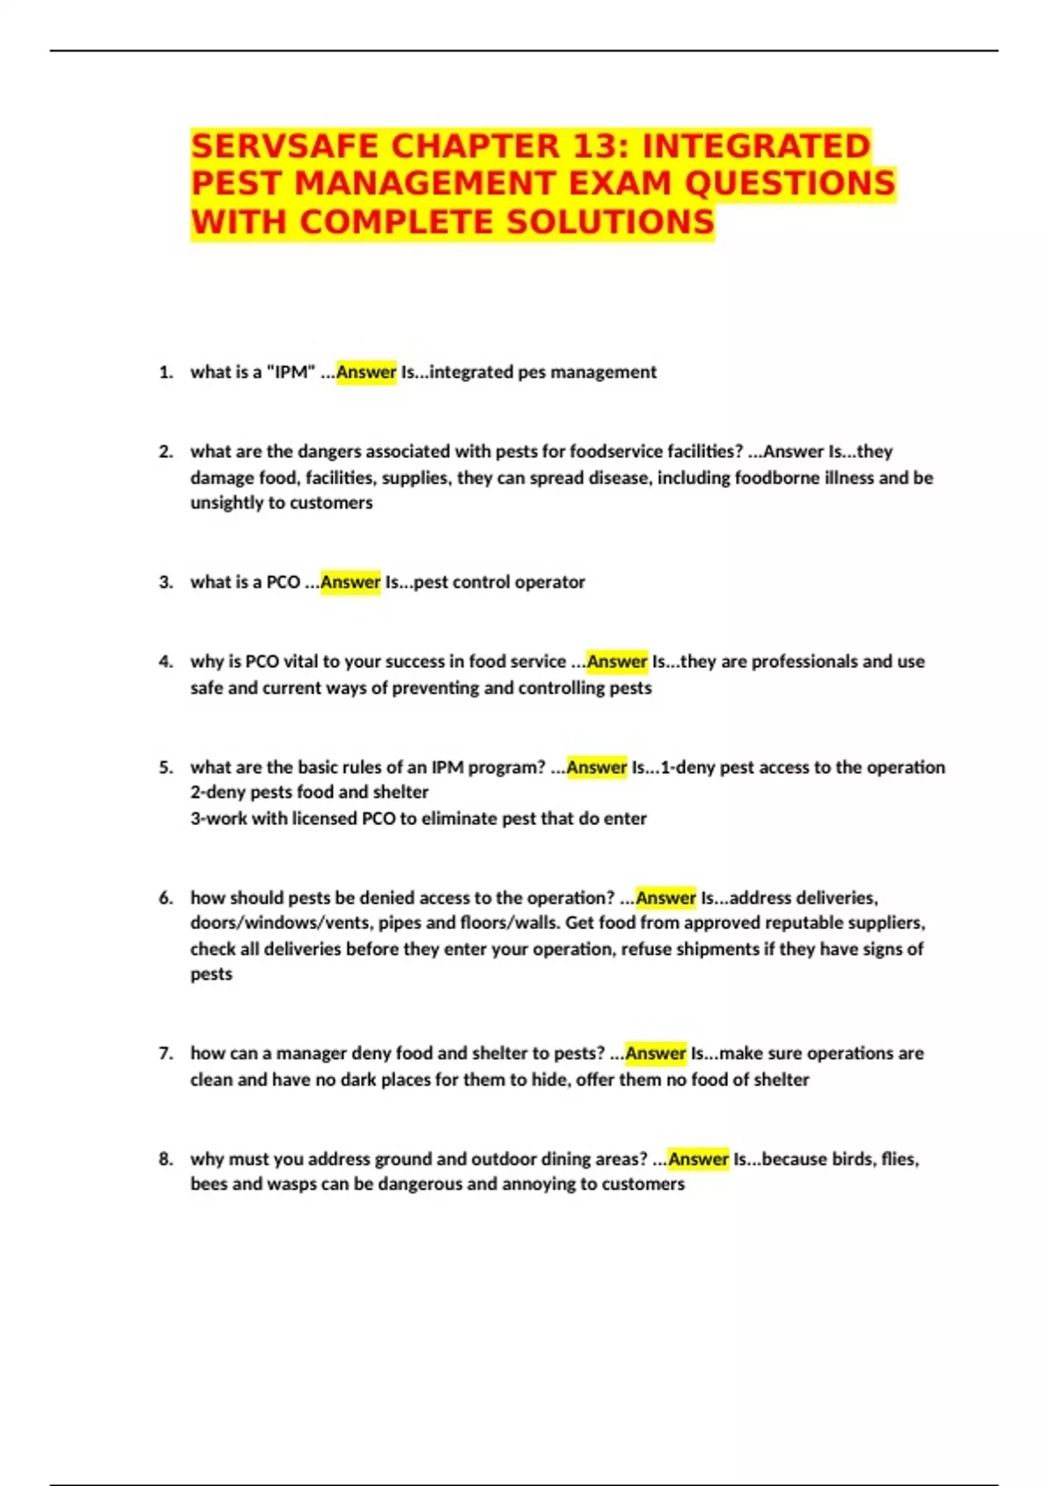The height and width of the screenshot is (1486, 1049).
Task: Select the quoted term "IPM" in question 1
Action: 290,372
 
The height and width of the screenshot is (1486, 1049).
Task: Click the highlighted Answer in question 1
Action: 366,372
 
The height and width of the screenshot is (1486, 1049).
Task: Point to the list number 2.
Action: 166,452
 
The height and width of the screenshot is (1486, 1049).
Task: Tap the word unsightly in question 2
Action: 226,503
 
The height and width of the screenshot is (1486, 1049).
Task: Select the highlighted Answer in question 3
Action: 351,582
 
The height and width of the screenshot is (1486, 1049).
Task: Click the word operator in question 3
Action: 550,582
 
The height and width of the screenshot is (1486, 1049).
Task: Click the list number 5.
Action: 166,767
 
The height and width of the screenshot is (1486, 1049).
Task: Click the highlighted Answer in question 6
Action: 665,898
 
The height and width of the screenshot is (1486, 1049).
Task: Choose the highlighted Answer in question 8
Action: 698,1159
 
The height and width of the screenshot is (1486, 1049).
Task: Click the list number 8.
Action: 166,1159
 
